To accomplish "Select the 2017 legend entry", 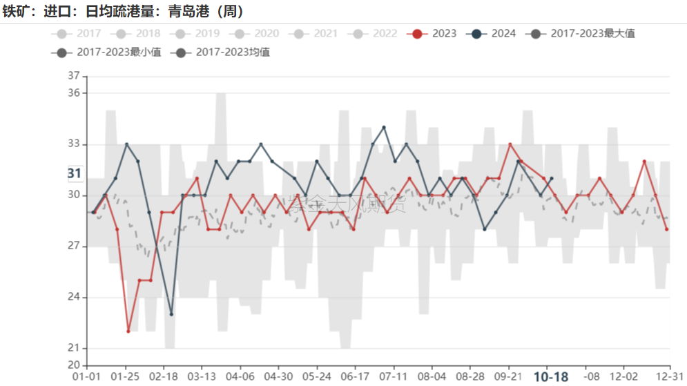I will [80, 33].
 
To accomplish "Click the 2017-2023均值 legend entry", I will [225, 52].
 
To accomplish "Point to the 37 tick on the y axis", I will [74, 75].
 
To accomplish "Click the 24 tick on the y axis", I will [74, 298].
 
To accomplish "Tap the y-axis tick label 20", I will [74, 365].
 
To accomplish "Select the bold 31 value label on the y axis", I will [75, 173].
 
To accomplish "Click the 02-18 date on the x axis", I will [163, 376].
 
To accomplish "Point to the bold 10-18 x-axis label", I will [551, 376].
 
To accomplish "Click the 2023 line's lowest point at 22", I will [128, 331].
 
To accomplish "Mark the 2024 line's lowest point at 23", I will [171, 314].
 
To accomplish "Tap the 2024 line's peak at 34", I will [384, 127].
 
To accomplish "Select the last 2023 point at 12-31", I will [667, 229].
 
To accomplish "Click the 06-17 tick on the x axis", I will [355, 376].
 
